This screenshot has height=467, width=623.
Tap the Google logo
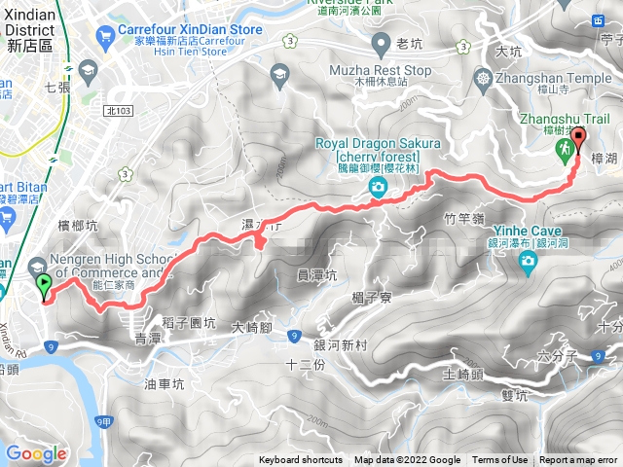click(x=36, y=453)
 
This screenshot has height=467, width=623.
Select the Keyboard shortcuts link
click(x=302, y=460)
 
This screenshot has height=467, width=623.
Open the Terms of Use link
click(x=499, y=460)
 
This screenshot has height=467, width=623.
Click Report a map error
click(x=580, y=460)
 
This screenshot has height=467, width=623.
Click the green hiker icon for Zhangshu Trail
click(x=563, y=148)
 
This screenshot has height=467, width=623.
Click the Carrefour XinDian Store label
click(x=191, y=30)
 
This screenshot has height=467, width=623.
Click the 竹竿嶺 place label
click(x=463, y=219)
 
